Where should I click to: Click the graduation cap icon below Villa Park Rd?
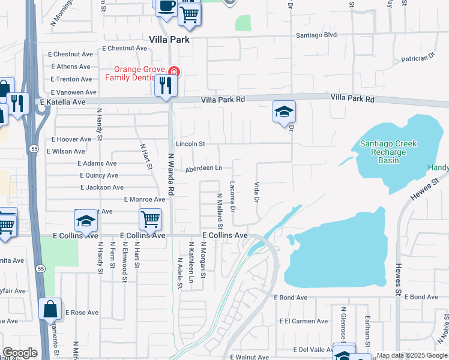click(x=284, y=112)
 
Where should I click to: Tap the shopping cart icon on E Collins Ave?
click(x=150, y=219)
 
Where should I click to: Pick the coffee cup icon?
click(x=166, y=6)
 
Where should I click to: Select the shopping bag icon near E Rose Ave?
click(x=50, y=310)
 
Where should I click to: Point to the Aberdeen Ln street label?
click(x=203, y=169)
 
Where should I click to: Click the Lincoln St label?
click(x=190, y=144)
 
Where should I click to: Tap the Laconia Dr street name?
click(x=233, y=196)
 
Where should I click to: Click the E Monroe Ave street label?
click(x=144, y=199)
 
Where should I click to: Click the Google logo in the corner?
click(x=20, y=353)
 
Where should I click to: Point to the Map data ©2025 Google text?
click(x=412, y=356)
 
